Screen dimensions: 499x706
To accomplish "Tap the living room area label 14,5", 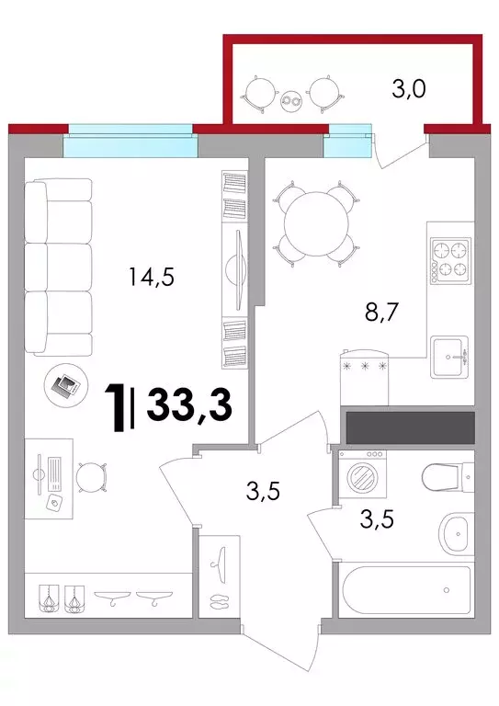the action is click(152, 276).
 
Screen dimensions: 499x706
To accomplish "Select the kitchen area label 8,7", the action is click(382, 312).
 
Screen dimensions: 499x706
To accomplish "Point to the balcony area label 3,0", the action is click(409, 89).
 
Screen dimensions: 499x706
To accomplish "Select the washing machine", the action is click(362, 474).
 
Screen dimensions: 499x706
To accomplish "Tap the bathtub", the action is click(405, 589).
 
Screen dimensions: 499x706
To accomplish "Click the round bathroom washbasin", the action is click(456, 535).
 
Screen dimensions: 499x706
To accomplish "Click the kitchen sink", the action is click(449, 357).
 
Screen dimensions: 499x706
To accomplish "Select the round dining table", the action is click(317, 223).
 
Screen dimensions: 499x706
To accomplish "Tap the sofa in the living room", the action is click(58, 267).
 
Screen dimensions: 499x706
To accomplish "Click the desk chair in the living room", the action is click(91, 478).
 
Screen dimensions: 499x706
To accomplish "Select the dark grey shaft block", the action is click(411, 427).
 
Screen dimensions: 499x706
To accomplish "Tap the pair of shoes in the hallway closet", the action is click(219, 601).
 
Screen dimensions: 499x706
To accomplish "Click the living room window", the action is click(130, 140).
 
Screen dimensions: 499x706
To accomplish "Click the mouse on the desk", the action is click(55, 504).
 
